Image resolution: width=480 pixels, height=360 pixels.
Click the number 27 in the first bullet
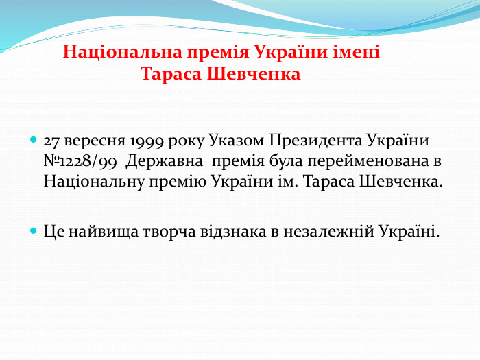(x=51, y=142)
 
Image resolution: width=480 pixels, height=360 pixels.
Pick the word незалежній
(x=326, y=231)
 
